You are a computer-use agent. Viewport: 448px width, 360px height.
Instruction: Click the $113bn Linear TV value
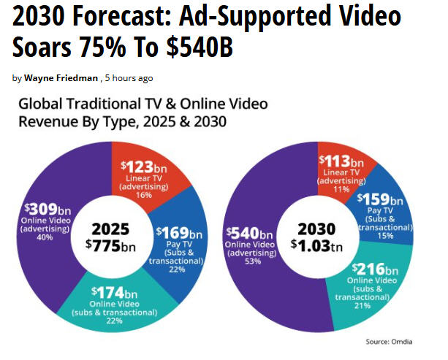coord(340,161)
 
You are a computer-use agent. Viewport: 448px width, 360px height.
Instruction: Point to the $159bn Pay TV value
coord(380,199)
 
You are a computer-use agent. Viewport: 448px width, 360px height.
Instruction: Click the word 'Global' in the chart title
coord(40,105)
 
